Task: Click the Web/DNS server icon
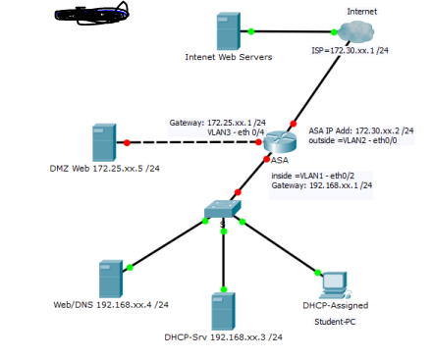pos(111,279)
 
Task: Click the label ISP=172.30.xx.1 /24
pos(350,50)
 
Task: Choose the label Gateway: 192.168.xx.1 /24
pos(314,185)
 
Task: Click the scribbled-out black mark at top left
pos(90,15)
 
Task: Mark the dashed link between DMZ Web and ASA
pos(196,143)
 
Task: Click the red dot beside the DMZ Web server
pos(128,143)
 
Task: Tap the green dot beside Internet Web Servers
pos(251,31)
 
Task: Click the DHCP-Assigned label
pos(336,306)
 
